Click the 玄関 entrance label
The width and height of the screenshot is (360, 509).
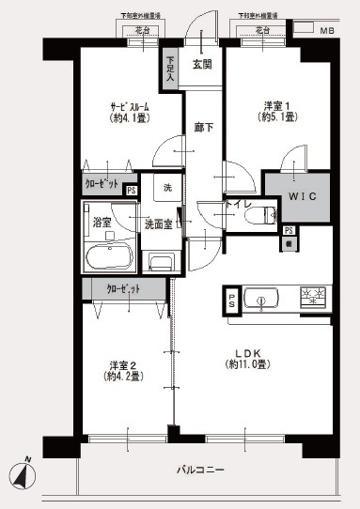pyautogui.click(x=202, y=64)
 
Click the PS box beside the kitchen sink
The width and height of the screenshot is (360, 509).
pyautogui.click(x=231, y=301)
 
